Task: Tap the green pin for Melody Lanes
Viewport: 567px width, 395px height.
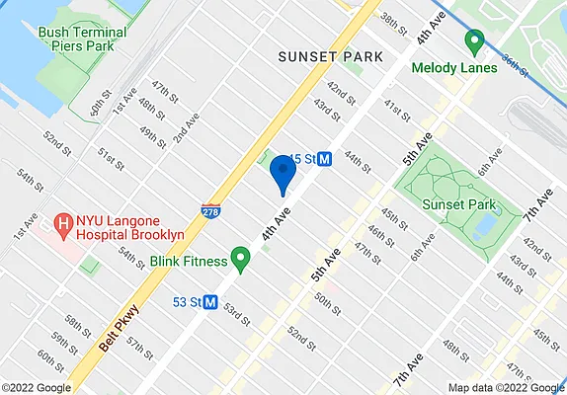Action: click(473, 42)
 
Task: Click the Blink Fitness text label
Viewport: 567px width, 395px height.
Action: click(189, 264)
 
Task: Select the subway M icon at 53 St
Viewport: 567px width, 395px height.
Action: click(210, 301)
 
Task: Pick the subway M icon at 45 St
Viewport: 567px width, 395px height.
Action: click(323, 159)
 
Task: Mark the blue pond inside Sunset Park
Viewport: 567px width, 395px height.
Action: click(486, 229)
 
